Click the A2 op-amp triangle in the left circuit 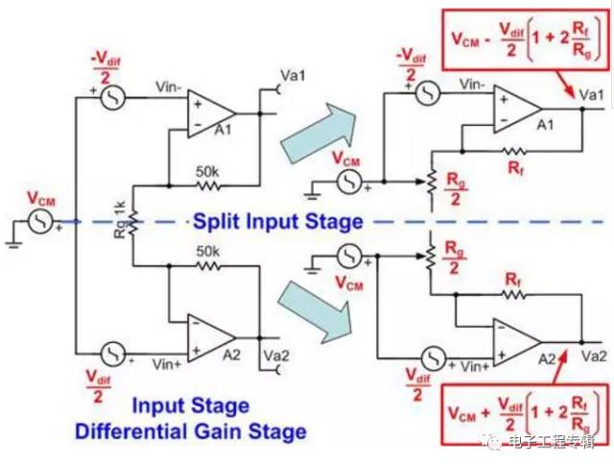pos(210,336)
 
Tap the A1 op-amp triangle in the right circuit pos(516,108)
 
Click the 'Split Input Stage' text pos(278,222)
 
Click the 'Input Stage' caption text pos(190,406)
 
